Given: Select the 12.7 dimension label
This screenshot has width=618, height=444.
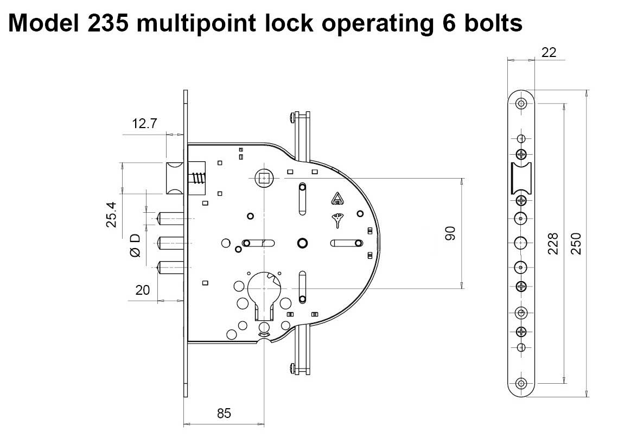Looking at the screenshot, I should pos(144,123).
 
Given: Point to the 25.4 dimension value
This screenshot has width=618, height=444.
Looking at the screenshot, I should pos(111,214).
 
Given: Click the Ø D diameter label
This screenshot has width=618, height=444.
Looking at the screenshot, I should pos(135,245).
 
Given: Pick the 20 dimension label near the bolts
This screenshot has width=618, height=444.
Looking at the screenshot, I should pos(142,290).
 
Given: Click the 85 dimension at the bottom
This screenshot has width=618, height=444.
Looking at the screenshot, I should pos(224,413).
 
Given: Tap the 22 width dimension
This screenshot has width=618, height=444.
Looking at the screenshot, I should pos(549,52).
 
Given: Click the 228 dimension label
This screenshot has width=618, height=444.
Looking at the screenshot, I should pos(552,244).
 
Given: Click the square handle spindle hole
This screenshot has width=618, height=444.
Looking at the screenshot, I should pos(264,177).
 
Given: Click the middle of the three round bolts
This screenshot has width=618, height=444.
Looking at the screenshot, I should pos(169,242).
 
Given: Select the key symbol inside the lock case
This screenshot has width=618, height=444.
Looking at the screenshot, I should pos(338,220).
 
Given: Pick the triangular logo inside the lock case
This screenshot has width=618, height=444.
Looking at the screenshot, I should pos(337,199).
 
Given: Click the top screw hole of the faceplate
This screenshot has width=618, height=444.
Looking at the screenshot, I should pos(521,103).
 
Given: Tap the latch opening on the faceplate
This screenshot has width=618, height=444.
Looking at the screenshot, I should pos(521,177).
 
